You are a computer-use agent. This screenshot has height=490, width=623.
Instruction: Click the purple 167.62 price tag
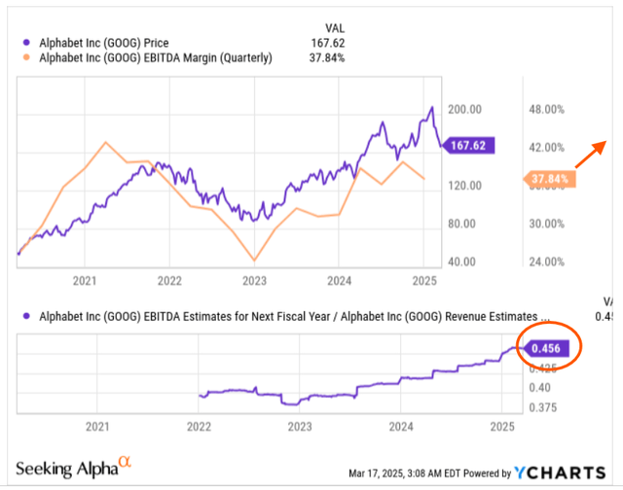[468, 146]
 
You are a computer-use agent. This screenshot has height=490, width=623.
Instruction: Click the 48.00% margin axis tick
[547, 109]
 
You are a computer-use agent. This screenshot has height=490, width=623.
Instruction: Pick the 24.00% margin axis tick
[547, 262]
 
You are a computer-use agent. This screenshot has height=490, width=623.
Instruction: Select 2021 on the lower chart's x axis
[96, 425]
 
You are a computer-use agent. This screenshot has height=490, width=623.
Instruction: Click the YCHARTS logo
[556, 473]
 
